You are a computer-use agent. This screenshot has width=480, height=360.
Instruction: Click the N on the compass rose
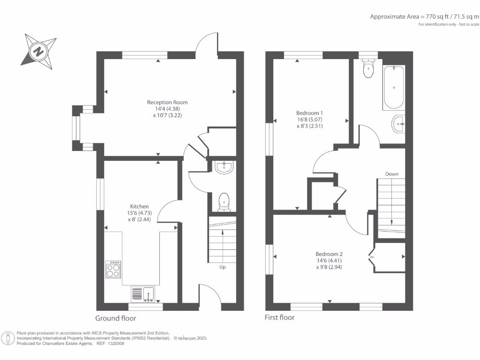click(38, 51)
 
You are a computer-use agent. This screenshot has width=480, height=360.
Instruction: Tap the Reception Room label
click(167, 102)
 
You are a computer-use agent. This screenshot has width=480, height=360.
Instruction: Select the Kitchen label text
click(139, 206)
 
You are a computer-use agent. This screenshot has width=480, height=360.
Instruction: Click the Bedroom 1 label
click(309, 113)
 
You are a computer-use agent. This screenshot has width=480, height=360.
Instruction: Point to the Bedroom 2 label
click(329, 254)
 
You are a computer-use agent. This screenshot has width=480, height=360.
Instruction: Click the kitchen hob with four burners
click(113, 270)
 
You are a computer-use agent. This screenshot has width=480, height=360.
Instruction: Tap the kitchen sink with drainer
click(143, 294)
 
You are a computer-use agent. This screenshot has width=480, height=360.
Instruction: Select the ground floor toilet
click(224, 202)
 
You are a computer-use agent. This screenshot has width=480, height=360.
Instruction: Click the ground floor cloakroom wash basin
click(224, 167)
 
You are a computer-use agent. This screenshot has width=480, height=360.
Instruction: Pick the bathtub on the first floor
click(394, 88)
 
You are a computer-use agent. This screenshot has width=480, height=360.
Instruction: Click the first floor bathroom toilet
click(368, 68)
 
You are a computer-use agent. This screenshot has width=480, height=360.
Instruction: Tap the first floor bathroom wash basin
click(398, 124)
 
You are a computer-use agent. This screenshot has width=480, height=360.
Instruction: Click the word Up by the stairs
click(223, 267)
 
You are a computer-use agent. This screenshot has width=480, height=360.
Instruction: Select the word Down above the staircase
click(392, 174)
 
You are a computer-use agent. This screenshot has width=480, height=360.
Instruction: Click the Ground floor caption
click(116, 318)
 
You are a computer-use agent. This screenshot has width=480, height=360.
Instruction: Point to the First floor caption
click(279, 317)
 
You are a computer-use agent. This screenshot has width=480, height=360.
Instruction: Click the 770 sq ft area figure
click(437, 17)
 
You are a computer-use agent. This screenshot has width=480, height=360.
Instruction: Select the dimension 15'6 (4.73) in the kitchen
click(139, 213)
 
